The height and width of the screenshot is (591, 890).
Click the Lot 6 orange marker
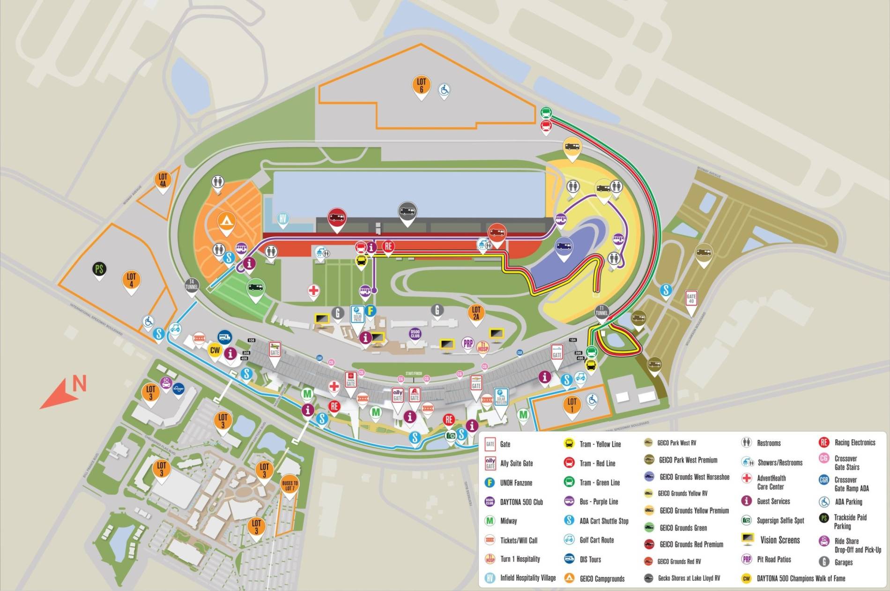coord(421,86)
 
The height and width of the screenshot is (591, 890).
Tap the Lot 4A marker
coord(163,180)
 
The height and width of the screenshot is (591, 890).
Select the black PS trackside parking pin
coord(99,269)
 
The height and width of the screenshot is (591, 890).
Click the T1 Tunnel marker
coord(602,312)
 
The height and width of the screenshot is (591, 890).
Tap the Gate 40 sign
coord(691,298)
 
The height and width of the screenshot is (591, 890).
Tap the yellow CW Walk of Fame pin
coord(215,350)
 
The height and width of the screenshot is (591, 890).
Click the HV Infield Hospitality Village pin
coord(282,219)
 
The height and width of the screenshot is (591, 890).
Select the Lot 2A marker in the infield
coord(476,313)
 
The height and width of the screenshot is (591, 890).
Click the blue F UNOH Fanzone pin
coord(371,311)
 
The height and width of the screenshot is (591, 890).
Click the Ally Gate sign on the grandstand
coord(398,396)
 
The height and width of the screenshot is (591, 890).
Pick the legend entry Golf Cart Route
coord(596,540)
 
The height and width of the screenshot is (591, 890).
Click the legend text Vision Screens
coord(779,540)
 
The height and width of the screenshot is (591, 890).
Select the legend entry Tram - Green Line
coord(599,482)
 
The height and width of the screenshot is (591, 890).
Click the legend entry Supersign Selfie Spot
coord(780,520)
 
